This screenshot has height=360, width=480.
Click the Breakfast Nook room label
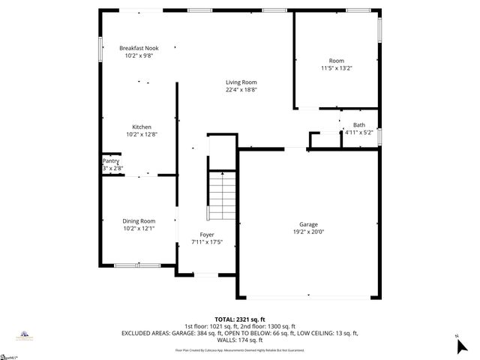tap(139, 48)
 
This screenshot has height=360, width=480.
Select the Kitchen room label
tap(142, 127)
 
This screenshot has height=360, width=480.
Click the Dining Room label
tap(139, 220)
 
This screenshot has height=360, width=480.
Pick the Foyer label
tap(207, 235)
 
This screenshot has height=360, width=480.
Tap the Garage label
tap(308, 224)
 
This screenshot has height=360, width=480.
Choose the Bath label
tap(359, 125)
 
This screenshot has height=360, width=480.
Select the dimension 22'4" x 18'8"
tap(241, 90)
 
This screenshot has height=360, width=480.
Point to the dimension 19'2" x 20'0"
tap(308, 232)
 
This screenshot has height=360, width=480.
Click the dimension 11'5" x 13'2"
tap(336, 68)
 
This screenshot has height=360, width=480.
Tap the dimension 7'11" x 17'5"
tap(207, 242)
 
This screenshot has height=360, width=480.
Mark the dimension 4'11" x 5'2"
tap(359, 133)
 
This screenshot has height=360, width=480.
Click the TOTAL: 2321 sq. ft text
tap(240, 319)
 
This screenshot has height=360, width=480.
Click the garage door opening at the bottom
tap(308, 297)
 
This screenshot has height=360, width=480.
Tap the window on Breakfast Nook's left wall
tap(102, 48)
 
